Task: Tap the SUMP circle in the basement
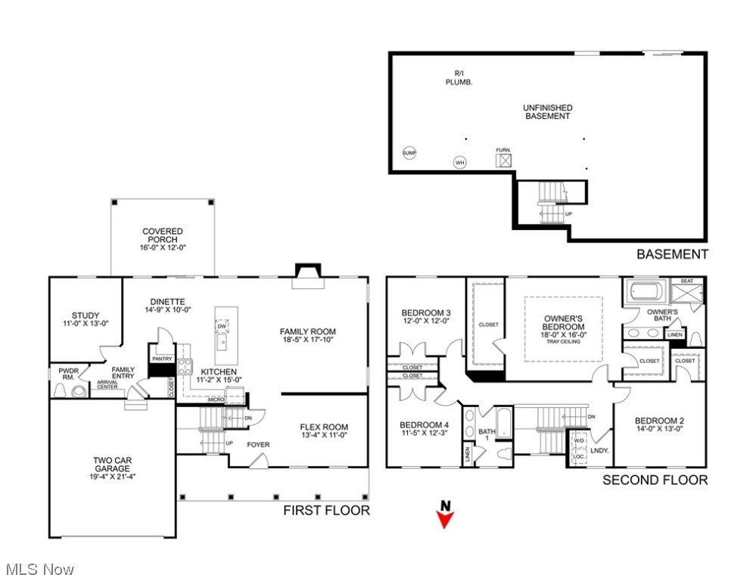(409, 153)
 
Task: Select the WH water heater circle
(459, 163)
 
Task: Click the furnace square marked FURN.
(503, 161)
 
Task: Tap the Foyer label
(258, 445)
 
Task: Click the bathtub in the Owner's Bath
(644, 291)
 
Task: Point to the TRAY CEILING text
(564, 340)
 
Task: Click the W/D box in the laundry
(579, 441)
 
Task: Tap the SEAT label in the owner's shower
(686, 281)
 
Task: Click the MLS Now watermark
(39, 569)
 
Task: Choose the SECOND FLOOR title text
(655, 480)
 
